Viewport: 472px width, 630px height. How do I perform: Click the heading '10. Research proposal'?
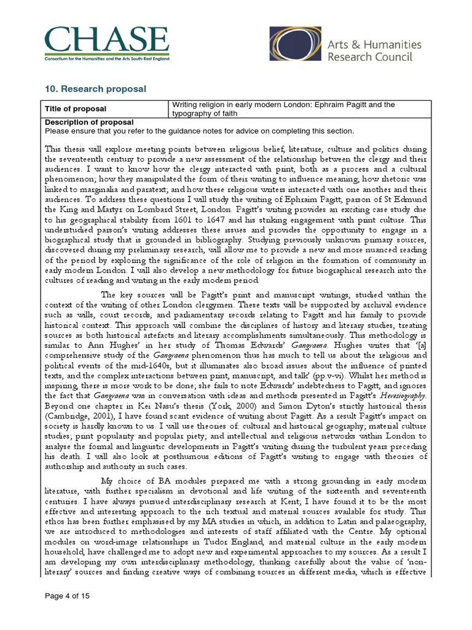95,89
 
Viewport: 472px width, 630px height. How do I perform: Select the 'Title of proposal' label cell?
75,109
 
